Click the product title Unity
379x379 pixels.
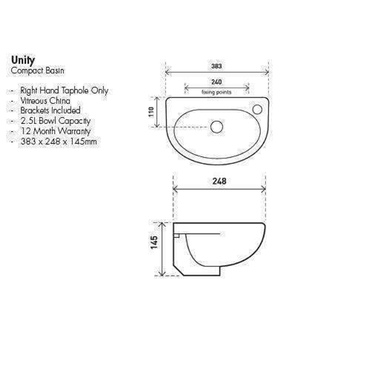click(23, 60)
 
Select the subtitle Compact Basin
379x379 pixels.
click(38, 71)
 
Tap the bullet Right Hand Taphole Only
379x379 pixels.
click(64, 91)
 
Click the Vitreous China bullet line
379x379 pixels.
click(45, 101)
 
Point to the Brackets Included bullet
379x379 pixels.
click(50, 111)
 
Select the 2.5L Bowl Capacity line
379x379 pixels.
click(55, 121)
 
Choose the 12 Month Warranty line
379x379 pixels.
click(55, 131)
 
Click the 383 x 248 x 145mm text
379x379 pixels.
click(59, 141)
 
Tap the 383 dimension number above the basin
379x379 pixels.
click(217, 66)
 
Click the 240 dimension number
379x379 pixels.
click(217, 82)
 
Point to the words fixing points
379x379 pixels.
click(217, 92)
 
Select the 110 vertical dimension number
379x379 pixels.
click(152, 112)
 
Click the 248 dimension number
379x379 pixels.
click(219, 181)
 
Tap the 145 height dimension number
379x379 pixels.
click(154, 242)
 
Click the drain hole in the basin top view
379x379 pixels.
click(217, 127)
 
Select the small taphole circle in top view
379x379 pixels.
click(257, 109)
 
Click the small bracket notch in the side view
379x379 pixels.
click(177, 236)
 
